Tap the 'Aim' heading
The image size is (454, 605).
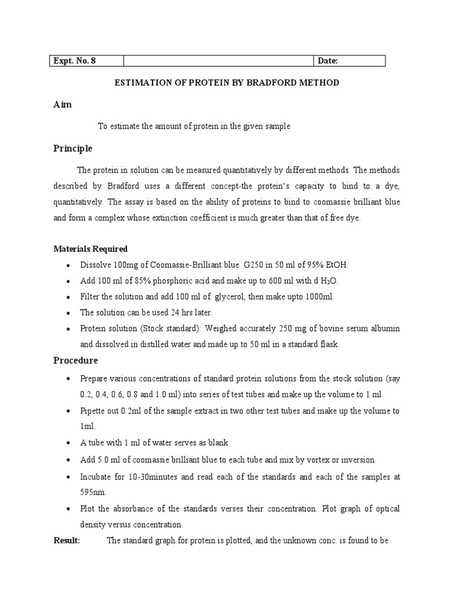[63, 104]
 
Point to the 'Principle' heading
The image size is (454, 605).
[73, 148]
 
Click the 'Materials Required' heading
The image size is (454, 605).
[90, 249]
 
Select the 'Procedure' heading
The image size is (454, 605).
[76, 360]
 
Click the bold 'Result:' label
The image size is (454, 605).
[67, 540]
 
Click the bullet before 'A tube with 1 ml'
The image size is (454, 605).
[69, 443]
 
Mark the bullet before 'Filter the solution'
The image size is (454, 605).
[69, 297]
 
